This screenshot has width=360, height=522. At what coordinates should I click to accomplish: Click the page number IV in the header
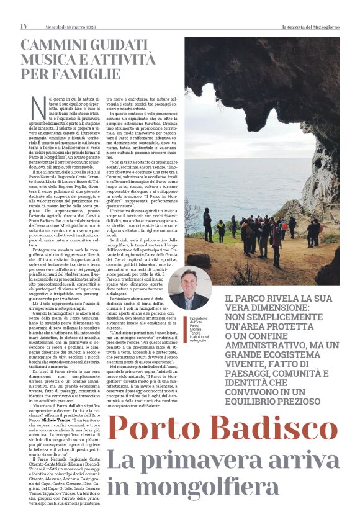[x=24, y=26]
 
